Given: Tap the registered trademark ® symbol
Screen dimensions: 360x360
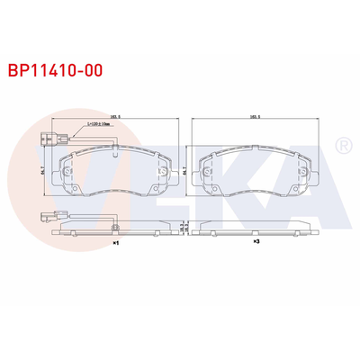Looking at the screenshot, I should [x=342, y=145].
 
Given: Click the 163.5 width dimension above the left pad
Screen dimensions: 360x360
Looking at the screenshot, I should [x=114, y=118].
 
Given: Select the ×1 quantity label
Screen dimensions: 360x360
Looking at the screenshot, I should [x=114, y=243].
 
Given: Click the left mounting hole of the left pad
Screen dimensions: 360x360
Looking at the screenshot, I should [x=68, y=168].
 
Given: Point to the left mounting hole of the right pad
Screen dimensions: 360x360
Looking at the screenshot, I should [x=209, y=168].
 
